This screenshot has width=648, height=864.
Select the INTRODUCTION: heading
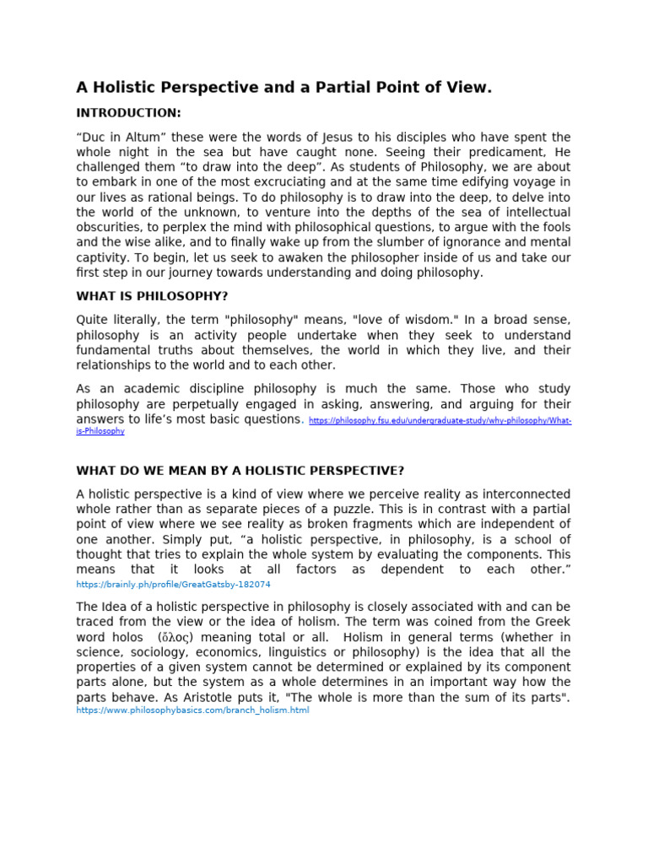128,112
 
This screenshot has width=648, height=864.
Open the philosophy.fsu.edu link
440,420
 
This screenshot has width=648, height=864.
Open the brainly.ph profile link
173,584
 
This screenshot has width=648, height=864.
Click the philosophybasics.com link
192,710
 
